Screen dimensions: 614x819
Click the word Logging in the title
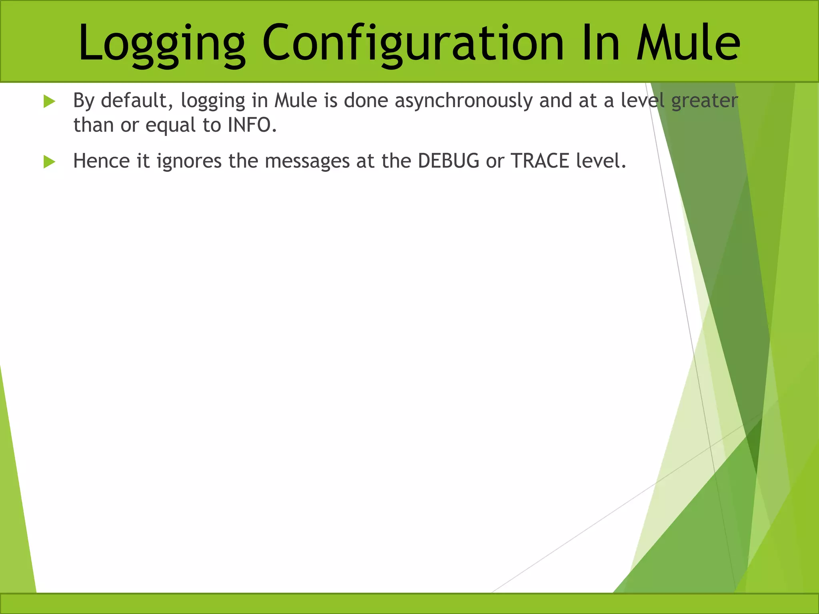coord(162,43)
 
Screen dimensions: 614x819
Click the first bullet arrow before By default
coord(49,101)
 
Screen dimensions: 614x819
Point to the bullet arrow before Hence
coord(49,162)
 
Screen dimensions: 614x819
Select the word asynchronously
coord(463,101)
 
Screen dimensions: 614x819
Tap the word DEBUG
coord(448,161)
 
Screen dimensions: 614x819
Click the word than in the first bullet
coord(94,125)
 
